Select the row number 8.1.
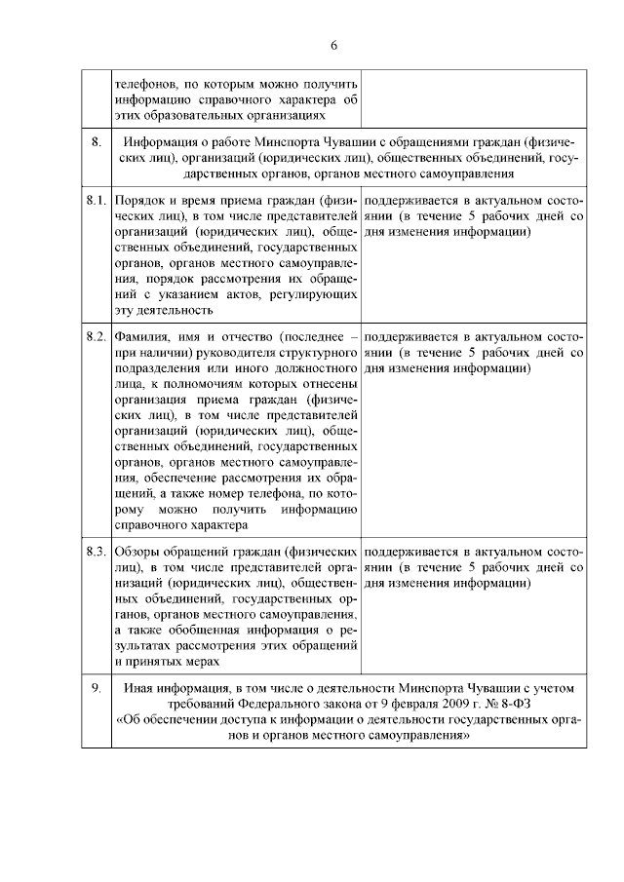tap(95, 199)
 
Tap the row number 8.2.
tap(95, 336)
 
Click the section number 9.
tap(97, 688)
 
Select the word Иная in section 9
tap(139, 688)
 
